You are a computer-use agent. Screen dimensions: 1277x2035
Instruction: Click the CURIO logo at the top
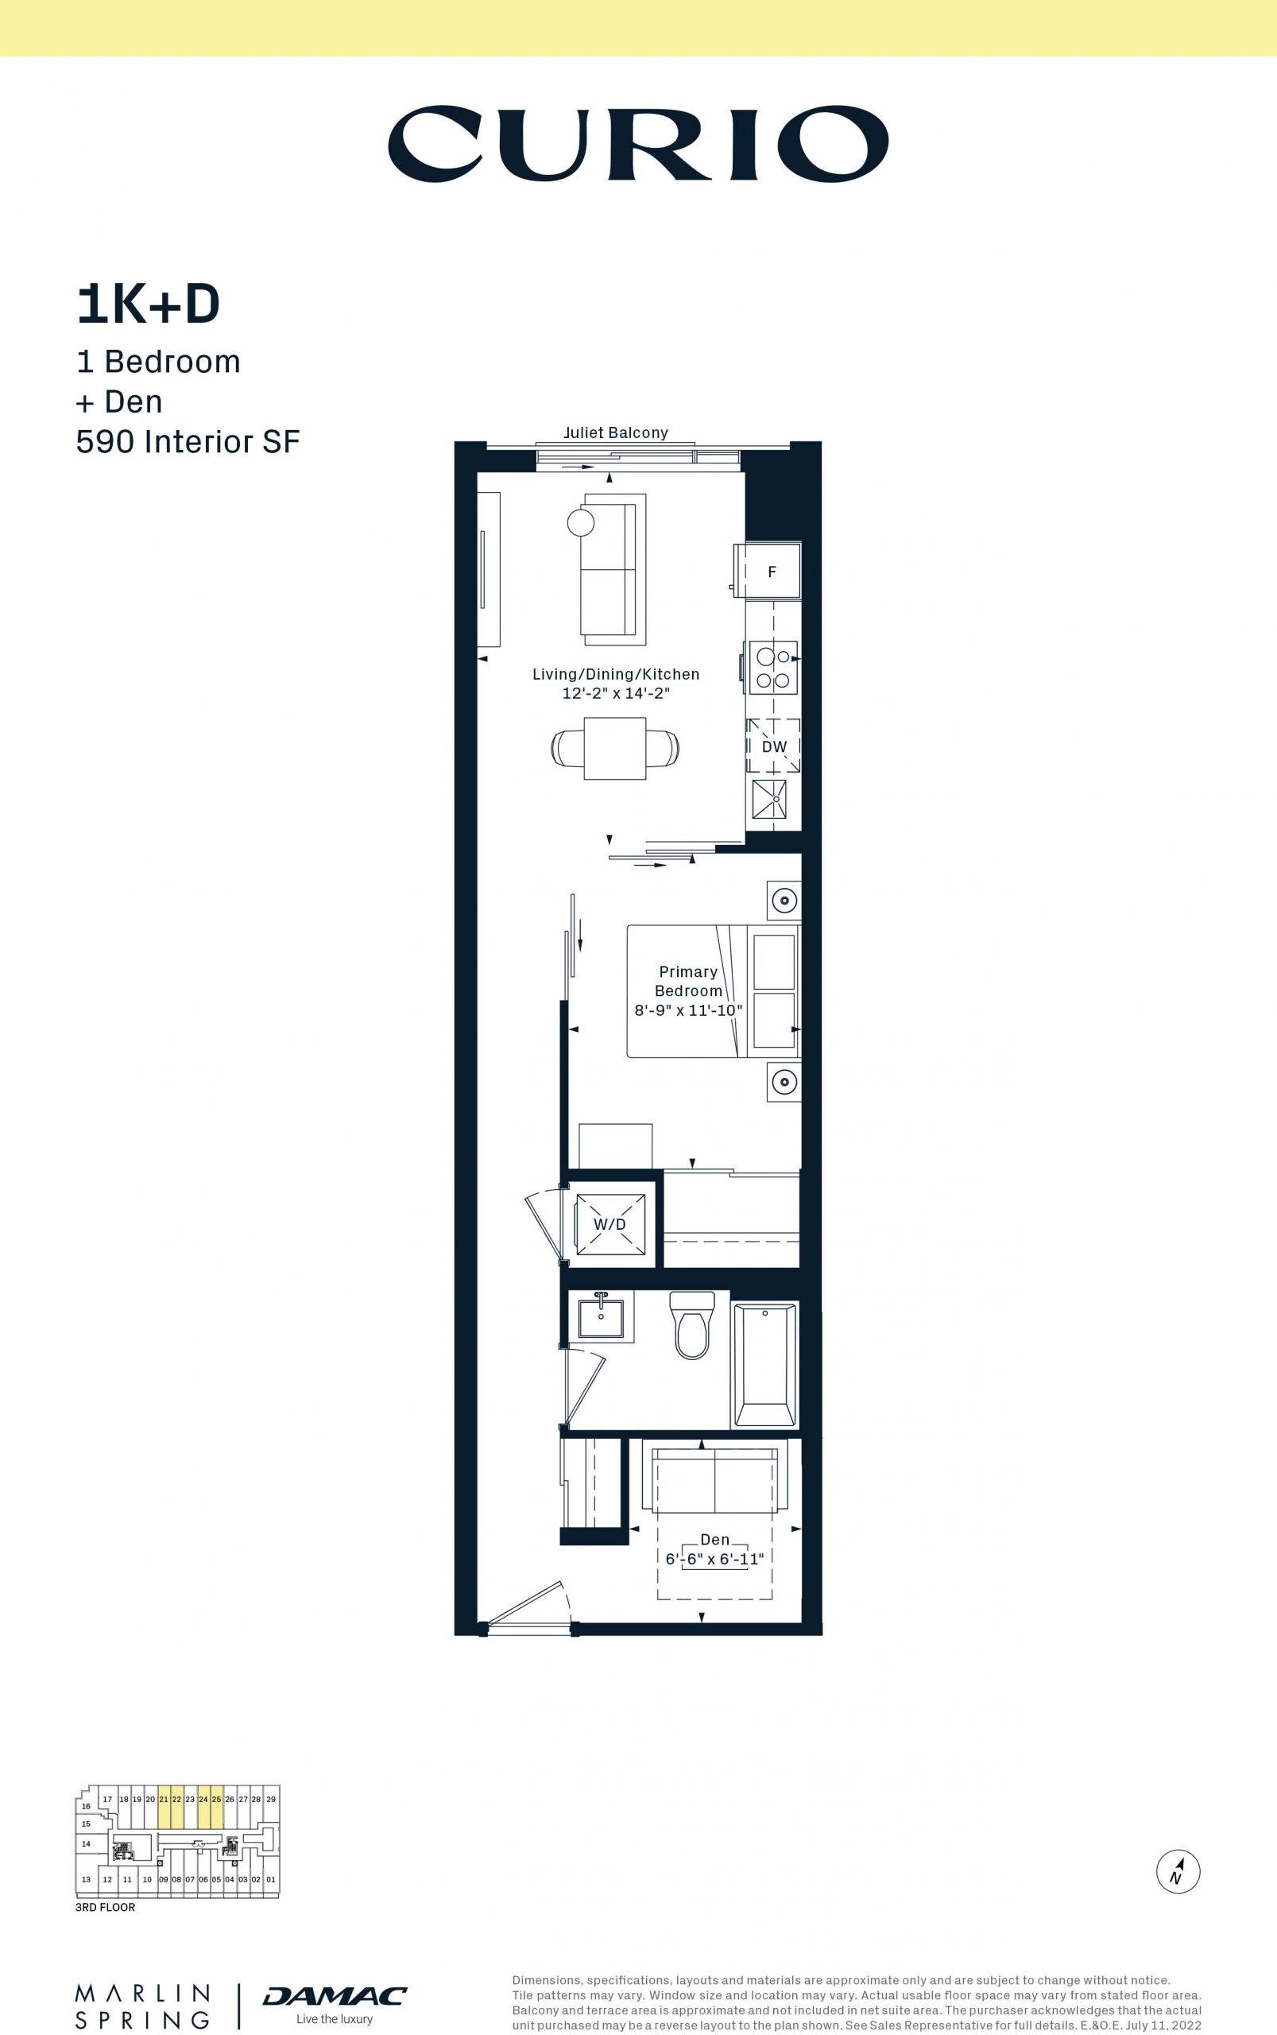[637, 144]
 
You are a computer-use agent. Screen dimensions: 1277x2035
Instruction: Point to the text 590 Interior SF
[188, 441]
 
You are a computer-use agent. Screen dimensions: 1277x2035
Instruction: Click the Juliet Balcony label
[616, 432]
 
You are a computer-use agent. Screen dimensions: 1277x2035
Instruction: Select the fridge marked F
[768, 571]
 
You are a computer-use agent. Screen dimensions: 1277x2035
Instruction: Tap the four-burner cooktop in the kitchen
[772, 669]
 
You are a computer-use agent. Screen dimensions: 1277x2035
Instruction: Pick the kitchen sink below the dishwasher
[769, 798]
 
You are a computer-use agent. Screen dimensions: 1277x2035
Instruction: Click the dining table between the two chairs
[615, 749]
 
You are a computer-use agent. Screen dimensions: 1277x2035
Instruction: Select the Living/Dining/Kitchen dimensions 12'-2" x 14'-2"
[616, 692]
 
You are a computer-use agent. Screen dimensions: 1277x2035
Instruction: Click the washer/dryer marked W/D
[609, 1224]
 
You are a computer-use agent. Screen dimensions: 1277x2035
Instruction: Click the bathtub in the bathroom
[765, 1365]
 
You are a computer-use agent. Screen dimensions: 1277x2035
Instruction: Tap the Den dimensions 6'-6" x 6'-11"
[714, 1559]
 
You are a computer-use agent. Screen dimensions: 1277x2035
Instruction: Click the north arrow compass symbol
[1178, 1871]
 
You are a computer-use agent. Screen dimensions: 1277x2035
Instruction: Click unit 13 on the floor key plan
[86, 1879]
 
